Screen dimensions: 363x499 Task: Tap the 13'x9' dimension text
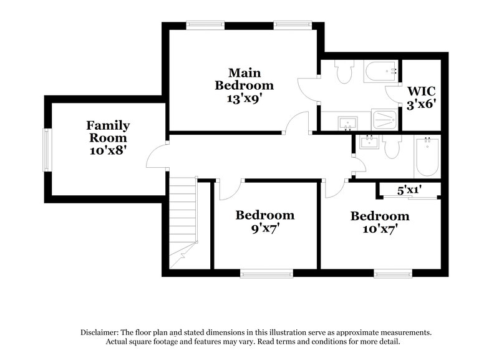244,97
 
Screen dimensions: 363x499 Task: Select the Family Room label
108,132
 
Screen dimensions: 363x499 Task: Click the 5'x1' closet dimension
409,190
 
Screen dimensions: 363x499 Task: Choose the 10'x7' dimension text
380,230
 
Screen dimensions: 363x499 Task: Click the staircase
183,218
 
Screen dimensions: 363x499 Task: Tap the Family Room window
46,150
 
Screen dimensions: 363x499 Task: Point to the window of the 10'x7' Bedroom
393,273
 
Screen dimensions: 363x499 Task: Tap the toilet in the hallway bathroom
392,147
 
